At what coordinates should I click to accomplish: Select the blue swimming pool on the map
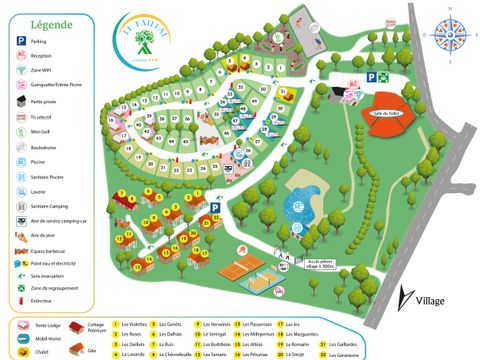[298, 208]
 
